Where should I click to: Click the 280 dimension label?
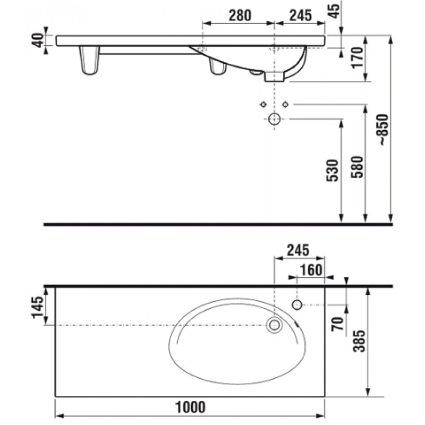click(x=240, y=15)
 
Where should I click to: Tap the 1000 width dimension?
click(x=190, y=407)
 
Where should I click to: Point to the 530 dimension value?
click(x=333, y=171)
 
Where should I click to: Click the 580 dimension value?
click(x=356, y=167)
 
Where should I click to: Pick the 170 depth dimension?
click(x=357, y=57)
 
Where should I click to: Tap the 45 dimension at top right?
click(x=335, y=11)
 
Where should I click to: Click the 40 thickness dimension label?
click(x=38, y=40)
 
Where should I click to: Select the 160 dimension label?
click(x=311, y=270)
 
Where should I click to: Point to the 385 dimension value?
click(x=359, y=341)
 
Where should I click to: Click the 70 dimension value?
click(x=337, y=324)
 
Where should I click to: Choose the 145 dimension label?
click(x=37, y=307)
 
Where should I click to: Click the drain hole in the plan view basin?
click(x=274, y=325)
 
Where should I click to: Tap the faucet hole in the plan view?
click(x=297, y=305)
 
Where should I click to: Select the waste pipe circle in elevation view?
click(x=274, y=119)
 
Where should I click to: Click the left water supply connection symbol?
click(x=263, y=104)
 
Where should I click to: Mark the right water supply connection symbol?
click(x=285, y=104)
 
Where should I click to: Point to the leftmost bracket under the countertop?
click(x=89, y=60)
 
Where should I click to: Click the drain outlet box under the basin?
click(x=274, y=76)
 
